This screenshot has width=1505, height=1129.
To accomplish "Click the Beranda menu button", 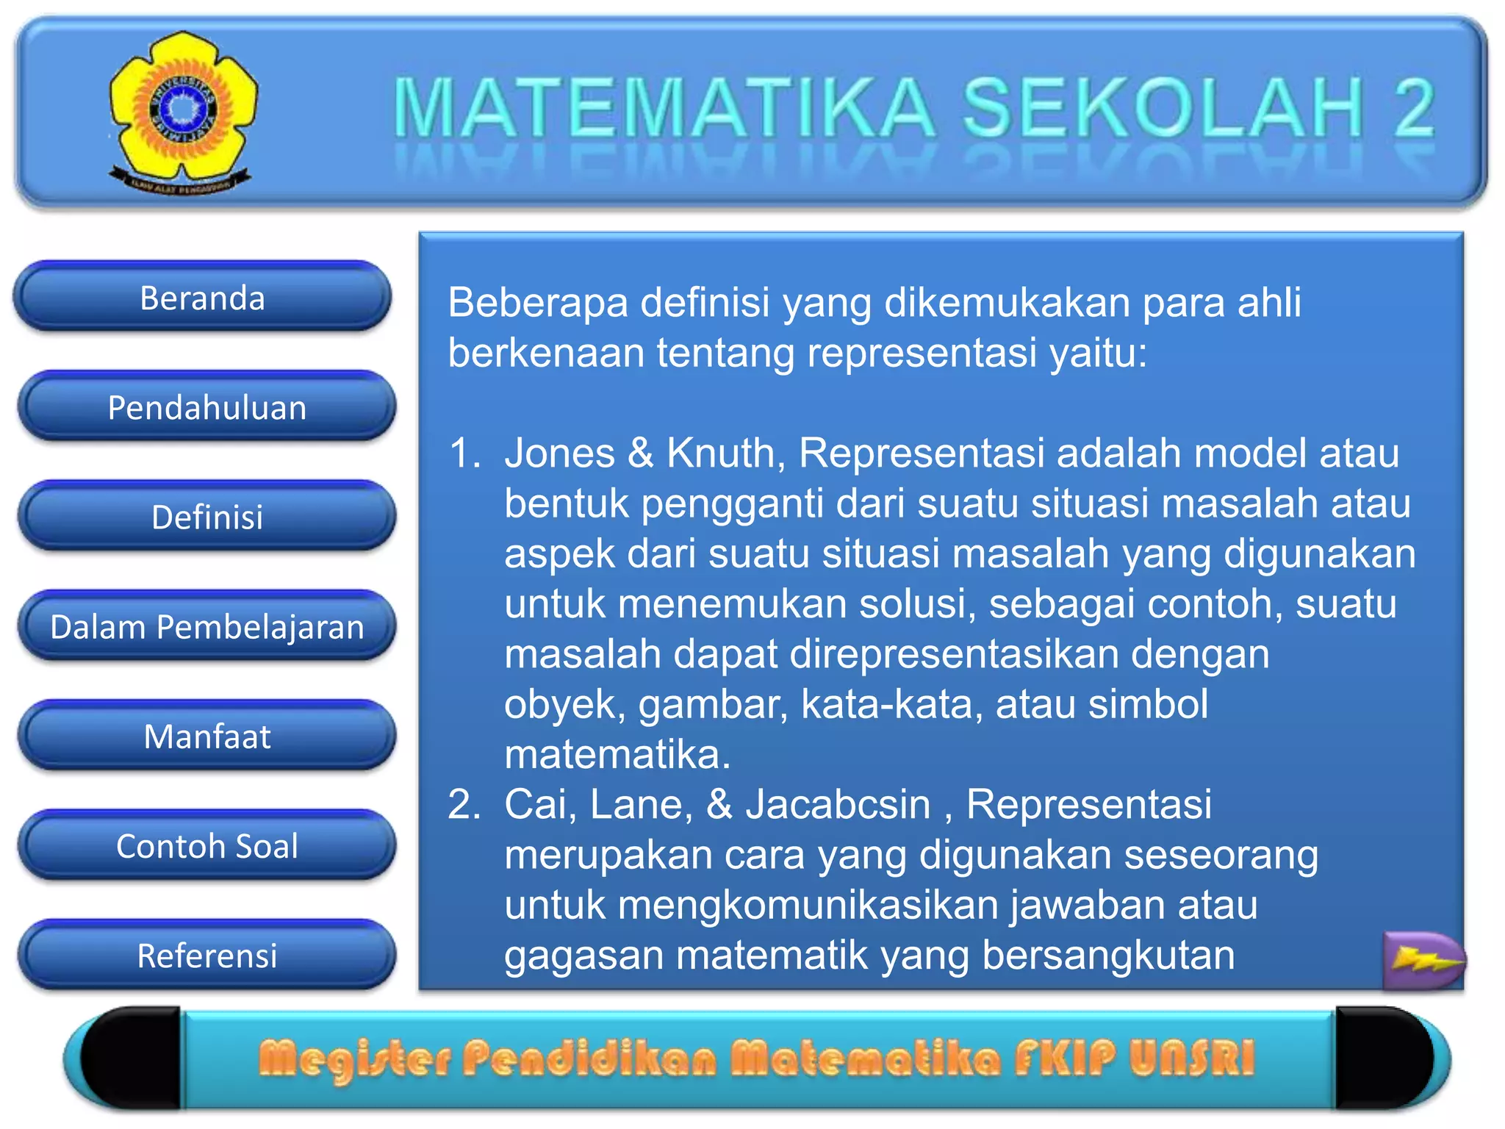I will (202, 298).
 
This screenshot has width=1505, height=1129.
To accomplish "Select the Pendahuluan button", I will (206, 407).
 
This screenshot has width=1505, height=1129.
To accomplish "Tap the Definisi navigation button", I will (206, 517).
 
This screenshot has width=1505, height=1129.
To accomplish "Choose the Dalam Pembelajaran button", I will (206, 626).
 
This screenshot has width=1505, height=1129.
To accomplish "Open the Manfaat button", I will (206, 736).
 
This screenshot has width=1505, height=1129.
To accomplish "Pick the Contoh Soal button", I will (206, 845).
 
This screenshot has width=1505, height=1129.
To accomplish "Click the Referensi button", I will (206, 955).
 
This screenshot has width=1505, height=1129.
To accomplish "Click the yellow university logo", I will (182, 110).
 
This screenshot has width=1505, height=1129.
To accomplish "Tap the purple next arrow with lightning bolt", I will (1423, 959).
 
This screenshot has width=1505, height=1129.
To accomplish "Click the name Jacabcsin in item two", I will (838, 804).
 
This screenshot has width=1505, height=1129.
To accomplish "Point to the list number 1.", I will (464, 453).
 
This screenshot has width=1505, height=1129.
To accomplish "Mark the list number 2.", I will (464, 804).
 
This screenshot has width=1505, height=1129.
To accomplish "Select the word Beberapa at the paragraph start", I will (537, 302).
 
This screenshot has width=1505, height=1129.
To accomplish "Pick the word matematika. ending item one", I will (617, 754).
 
